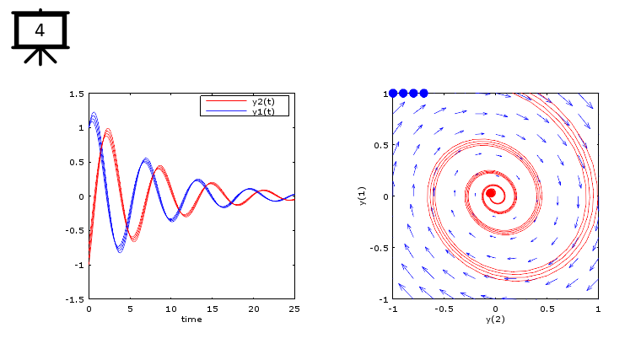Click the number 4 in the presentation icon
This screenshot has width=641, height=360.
(x=40, y=31)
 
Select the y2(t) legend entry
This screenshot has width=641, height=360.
(x=269, y=102)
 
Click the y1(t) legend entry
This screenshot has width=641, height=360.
(x=269, y=111)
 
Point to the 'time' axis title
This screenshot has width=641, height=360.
(x=191, y=319)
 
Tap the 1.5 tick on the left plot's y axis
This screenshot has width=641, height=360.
(x=76, y=94)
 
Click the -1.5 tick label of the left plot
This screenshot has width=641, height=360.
(x=74, y=299)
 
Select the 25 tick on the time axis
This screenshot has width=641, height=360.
(x=294, y=309)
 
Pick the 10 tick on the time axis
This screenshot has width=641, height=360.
(x=171, y=309)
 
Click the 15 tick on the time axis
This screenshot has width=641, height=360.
(x=213, y=309)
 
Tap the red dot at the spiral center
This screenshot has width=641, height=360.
(x=491, y=193)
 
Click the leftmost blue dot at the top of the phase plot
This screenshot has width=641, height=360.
(x=393, y=93)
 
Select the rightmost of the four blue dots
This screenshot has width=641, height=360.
(x=423, y=93)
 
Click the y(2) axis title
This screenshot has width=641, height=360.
(x=495, y=320)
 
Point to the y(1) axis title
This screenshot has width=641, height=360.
(x=362, y=196)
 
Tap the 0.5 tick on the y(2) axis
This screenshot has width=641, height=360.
(x=547, y=309)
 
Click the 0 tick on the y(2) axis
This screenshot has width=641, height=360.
(x=495, y=309)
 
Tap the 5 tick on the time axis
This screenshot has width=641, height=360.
(x=130, y=309)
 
